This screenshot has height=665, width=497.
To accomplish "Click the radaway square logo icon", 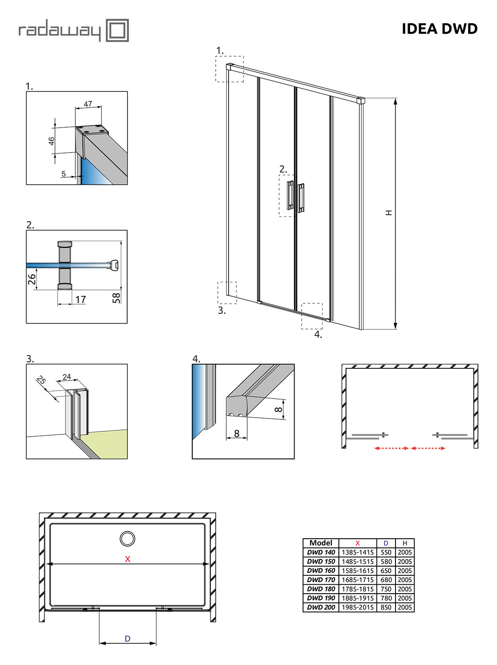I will (117, 30).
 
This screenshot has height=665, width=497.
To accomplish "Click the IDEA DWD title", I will (439, 29).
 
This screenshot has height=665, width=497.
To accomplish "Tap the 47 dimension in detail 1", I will (88, 104).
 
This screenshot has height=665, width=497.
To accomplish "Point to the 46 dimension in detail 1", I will (51, 141).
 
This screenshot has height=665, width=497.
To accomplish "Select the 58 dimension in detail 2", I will (116, 297).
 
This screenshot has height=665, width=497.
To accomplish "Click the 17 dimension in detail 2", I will (80, 300).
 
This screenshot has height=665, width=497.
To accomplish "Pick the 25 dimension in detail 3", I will (41, 380).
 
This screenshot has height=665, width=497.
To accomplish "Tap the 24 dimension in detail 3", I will (66, 377).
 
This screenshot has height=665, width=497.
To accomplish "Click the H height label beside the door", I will (389, 213).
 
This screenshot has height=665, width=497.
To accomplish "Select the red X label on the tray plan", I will (128, 559).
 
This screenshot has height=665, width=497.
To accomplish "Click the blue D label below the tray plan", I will (128, 638).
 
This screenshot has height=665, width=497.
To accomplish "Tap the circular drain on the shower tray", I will (128, 539).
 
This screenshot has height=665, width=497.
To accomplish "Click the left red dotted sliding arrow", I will (391, 448).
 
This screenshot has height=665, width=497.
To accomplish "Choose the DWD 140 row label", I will (321, 552).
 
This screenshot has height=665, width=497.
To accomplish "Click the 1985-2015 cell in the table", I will (357, 607).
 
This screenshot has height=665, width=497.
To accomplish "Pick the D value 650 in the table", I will (386, 571).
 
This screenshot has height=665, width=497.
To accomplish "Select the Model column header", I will (321, 543).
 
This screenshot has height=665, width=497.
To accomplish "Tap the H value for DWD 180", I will (404, 589).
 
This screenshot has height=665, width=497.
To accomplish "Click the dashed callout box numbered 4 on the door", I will (312, 316).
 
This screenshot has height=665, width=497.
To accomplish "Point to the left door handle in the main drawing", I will (290, 195).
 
